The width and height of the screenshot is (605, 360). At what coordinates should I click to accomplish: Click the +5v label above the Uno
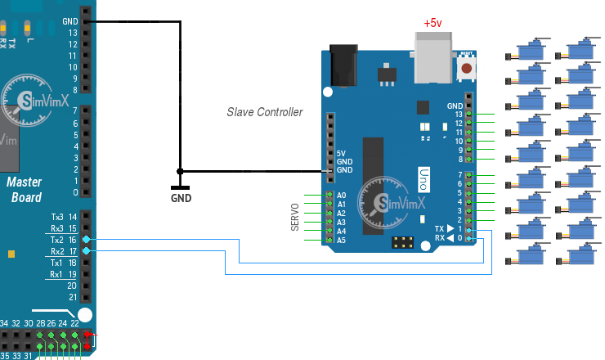click(x=432, y=24)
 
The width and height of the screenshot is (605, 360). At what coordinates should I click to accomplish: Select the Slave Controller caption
click(x=265, y=112)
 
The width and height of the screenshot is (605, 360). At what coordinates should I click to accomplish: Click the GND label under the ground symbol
click(x=181, y=198)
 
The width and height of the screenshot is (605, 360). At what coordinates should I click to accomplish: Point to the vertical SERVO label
click(x=296, y=218)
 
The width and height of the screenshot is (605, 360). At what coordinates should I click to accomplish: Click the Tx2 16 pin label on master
click(x=62, y=240)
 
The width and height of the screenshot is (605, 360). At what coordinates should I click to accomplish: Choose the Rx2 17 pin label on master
click(x=62, y=251)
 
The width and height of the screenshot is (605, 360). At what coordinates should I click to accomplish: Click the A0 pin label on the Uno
click(x=342, y=196)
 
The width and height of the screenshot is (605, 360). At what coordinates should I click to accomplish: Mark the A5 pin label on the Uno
click(x=342, y=241)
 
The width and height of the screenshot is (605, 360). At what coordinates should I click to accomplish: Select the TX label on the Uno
click(x=440, y=229)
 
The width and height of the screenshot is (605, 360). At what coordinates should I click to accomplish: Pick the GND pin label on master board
click(x=69, y=22)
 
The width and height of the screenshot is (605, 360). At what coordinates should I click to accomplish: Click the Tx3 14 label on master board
click(x=62, y=217)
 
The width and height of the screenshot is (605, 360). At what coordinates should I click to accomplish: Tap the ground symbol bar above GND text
click(x=181, y=187)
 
